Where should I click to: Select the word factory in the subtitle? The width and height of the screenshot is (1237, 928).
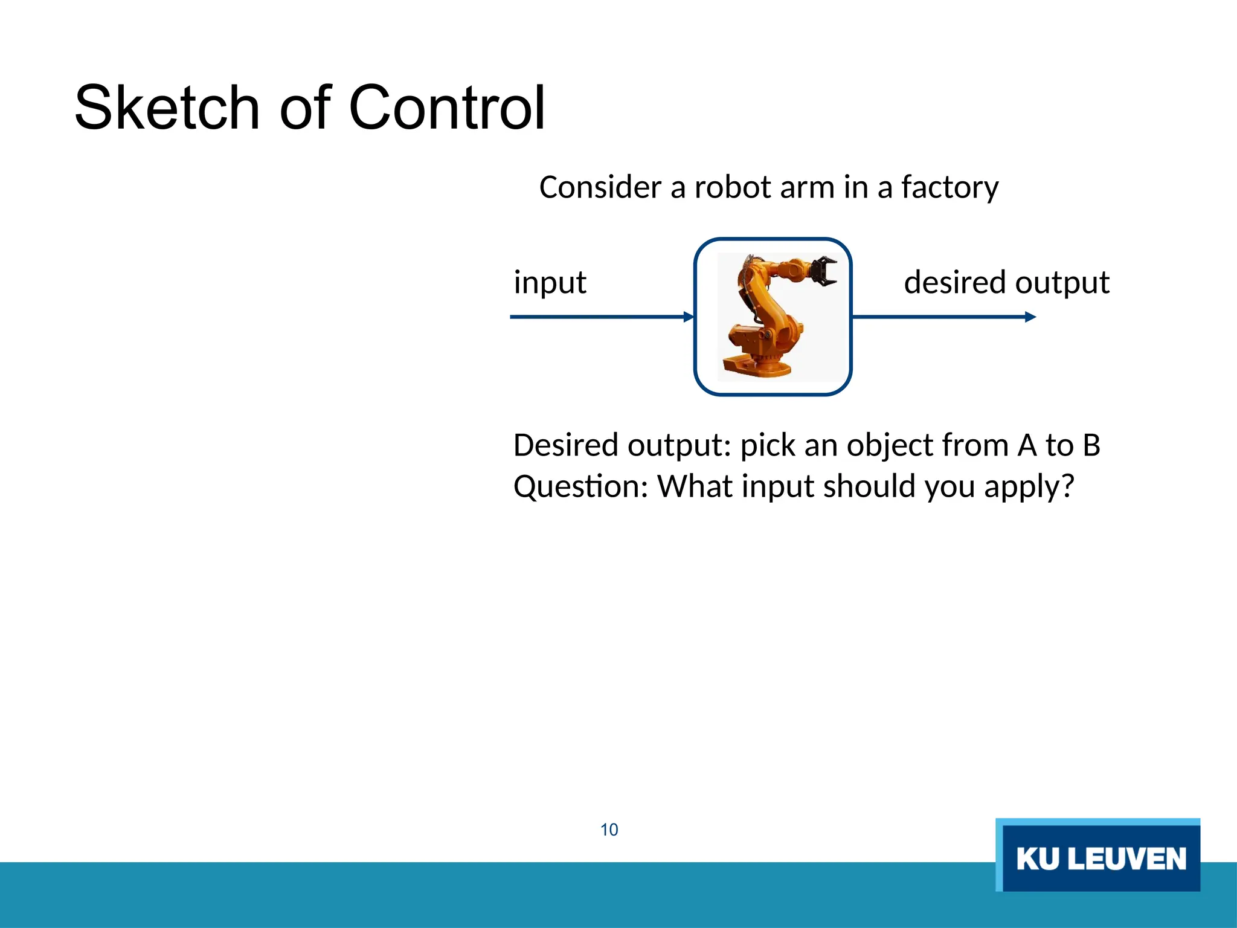949,188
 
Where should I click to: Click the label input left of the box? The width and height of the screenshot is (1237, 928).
550,283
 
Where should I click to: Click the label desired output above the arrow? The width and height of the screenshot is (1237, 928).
1006,283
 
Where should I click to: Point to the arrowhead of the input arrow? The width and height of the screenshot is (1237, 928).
689,317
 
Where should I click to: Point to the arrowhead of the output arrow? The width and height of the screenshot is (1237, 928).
1030,317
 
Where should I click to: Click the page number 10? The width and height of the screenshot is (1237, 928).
609,830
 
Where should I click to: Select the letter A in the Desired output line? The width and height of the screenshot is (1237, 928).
1027,446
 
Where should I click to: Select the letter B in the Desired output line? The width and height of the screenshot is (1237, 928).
1091,446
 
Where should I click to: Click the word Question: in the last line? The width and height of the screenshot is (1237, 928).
580,487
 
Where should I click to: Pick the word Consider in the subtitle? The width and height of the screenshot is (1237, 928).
600,187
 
